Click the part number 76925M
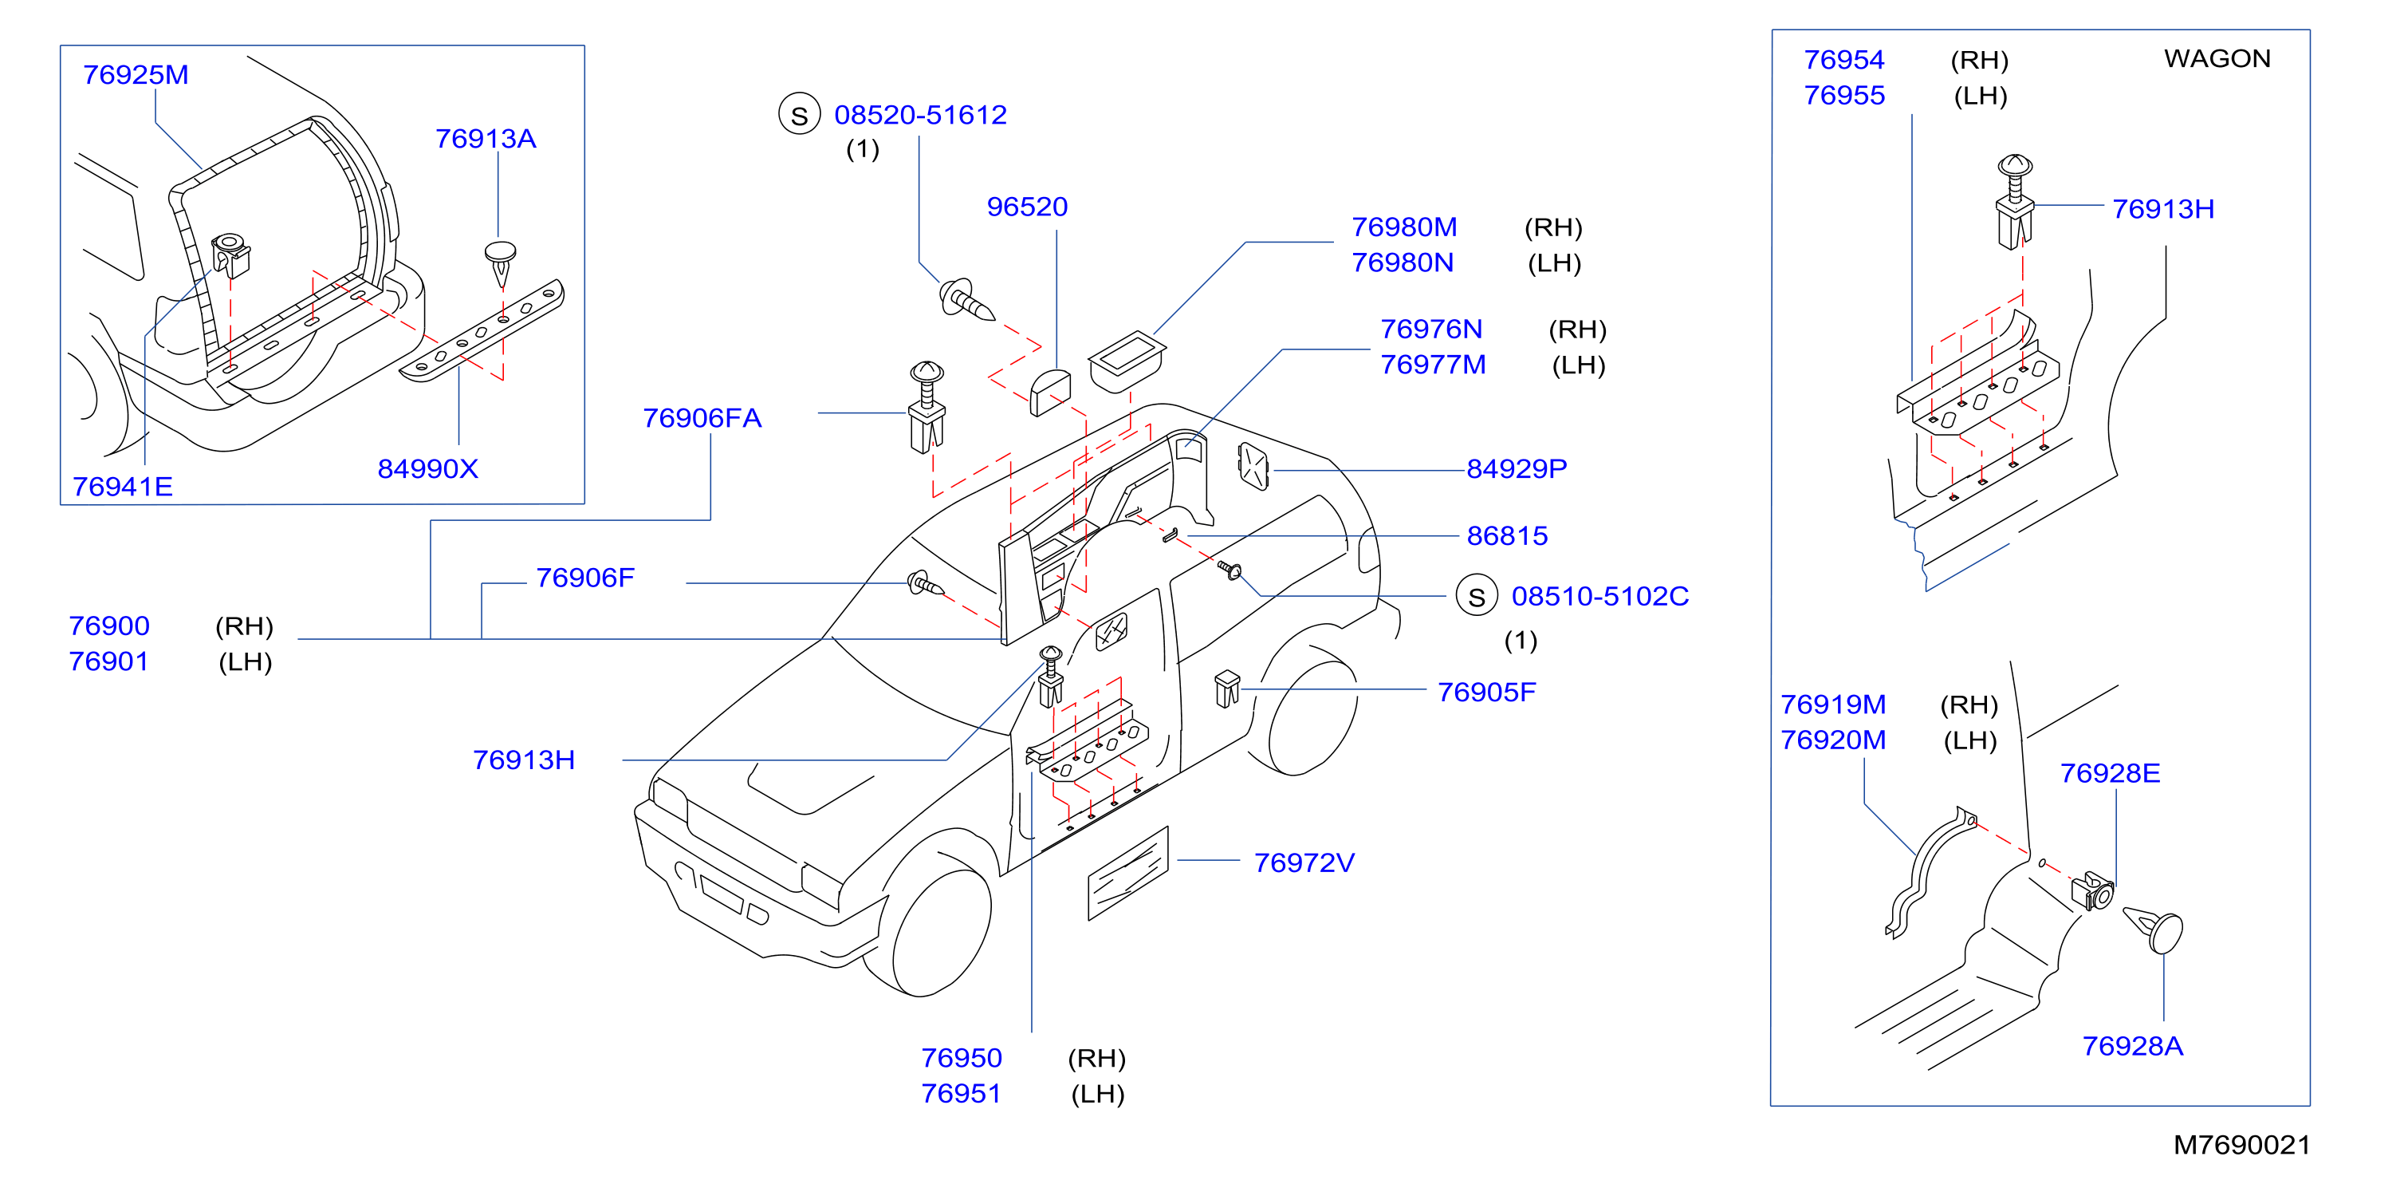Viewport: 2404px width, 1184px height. pyautogui.click(x=136, y=75)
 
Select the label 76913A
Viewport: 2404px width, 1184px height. pyautogui.click(x=486, y=139)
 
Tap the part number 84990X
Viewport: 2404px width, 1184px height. pyautogui.click(x=427, y=469)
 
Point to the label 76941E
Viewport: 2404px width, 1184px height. pyautogui.click(x=123, y=487)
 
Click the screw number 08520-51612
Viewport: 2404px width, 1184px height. pyautogui.click(x=920, y=115)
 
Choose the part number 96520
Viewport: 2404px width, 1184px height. pyautogui.click(x=1028, y=207)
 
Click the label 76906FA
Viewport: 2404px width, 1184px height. pyautogui.click(x=702, y=418)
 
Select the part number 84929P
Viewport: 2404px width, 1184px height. pyautogui.click(x=1517, y=469)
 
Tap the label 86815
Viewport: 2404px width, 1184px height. pyautogui.click(x=1507, y=536)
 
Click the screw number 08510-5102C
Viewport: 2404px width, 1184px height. pyautogui.click(x=1600, y=597)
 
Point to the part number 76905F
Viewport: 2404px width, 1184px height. pyautogui.click(x=1486, y=692)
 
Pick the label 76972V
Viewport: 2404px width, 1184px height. pyautogui.click(x=1304, y=862)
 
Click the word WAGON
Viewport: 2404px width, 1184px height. pyautogui.click(x=2217, y=59)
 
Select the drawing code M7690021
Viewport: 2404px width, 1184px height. pyautogui.click(x=2241, y=1145)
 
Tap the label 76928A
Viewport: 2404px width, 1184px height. pyautogui.click(x=2132, y=1046)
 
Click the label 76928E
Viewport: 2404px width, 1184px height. pyautogui.click(x=2110, y=773)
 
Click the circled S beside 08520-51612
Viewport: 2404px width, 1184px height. pyautogui.click(x=799, y=115)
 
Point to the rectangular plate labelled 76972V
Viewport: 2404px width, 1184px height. pyautogui.click(x=1128, y=873)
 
